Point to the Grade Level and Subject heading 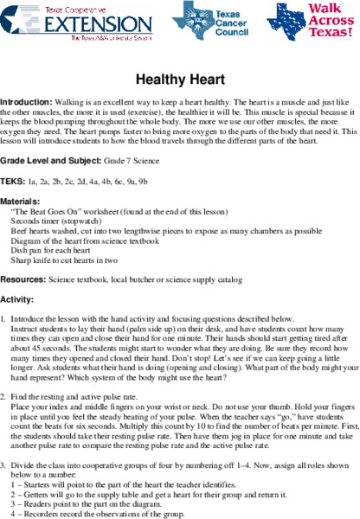[51, 161]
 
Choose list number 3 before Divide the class [3, 466]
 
